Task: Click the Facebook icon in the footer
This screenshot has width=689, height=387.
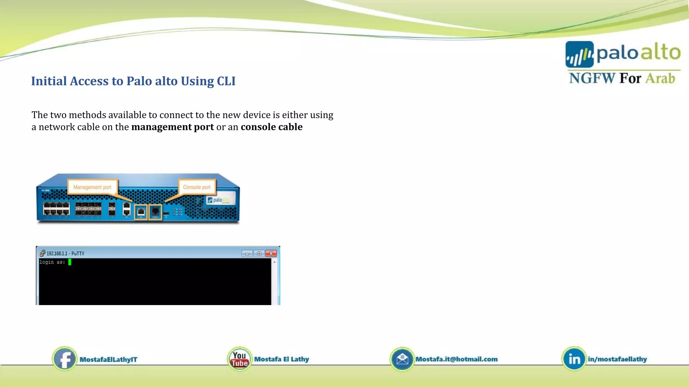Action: [x=65, y=359]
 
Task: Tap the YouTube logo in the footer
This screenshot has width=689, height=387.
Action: [x=240, y=359]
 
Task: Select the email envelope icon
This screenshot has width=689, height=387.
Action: [x=402, y=359]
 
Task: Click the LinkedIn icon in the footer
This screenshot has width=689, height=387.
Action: [x=574, y=359]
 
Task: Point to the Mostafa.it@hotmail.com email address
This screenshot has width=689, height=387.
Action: [x=457, y=359]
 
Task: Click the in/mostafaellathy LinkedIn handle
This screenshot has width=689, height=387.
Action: [x=617, y=359]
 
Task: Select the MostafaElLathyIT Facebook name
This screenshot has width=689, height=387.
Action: [x=108, y=359]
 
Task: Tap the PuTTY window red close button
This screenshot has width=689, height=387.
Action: [x=271, y=253]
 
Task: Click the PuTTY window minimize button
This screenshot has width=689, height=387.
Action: [x=247, y=253]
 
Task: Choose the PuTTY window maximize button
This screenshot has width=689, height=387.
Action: [x=259, y=253]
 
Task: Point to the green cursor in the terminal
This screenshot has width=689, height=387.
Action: [x=70, y=262]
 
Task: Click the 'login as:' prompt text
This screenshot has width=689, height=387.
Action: [x=52, y=262]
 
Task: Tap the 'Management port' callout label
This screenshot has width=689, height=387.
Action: [x=92, y=187]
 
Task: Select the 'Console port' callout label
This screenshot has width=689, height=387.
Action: [x=197, y=187]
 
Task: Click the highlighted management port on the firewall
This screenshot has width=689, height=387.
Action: [x=141, y=212]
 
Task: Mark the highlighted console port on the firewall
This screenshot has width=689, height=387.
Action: [x=155, y=212]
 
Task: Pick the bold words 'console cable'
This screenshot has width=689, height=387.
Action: [x=271, y=127]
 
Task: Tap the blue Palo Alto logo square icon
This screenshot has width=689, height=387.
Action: [x=579, y=54]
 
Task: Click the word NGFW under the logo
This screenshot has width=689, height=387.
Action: [x=591, y=78]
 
